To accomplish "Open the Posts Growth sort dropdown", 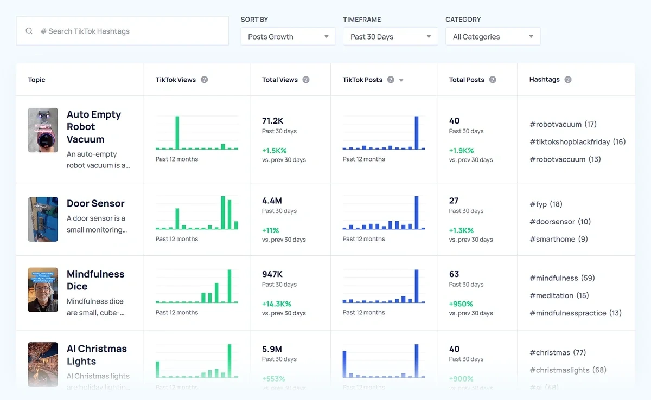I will click(288, 37).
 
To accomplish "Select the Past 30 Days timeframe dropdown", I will click(390, 37).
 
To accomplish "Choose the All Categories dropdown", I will click(493, 37).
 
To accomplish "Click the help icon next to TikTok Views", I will click(205, 80).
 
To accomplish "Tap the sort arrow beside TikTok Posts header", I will click(401, 80).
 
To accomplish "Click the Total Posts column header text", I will click(466, 80).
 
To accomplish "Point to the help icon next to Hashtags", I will click(568, 80).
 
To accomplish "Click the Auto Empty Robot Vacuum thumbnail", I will click(43, 130).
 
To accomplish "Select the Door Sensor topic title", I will click(95, 203).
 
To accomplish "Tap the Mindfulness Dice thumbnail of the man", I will click(43, 290).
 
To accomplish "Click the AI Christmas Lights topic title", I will click(97, 355).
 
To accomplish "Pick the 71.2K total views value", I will click(273, 120).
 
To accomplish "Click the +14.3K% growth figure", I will click(277, 304).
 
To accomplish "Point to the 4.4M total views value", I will click(272, 201).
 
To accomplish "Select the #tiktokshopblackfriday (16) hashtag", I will click(577, 142).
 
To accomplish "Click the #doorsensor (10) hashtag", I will click(560, 222).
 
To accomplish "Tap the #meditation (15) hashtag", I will click(559, 295).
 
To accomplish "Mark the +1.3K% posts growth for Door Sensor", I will click(461, 230).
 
